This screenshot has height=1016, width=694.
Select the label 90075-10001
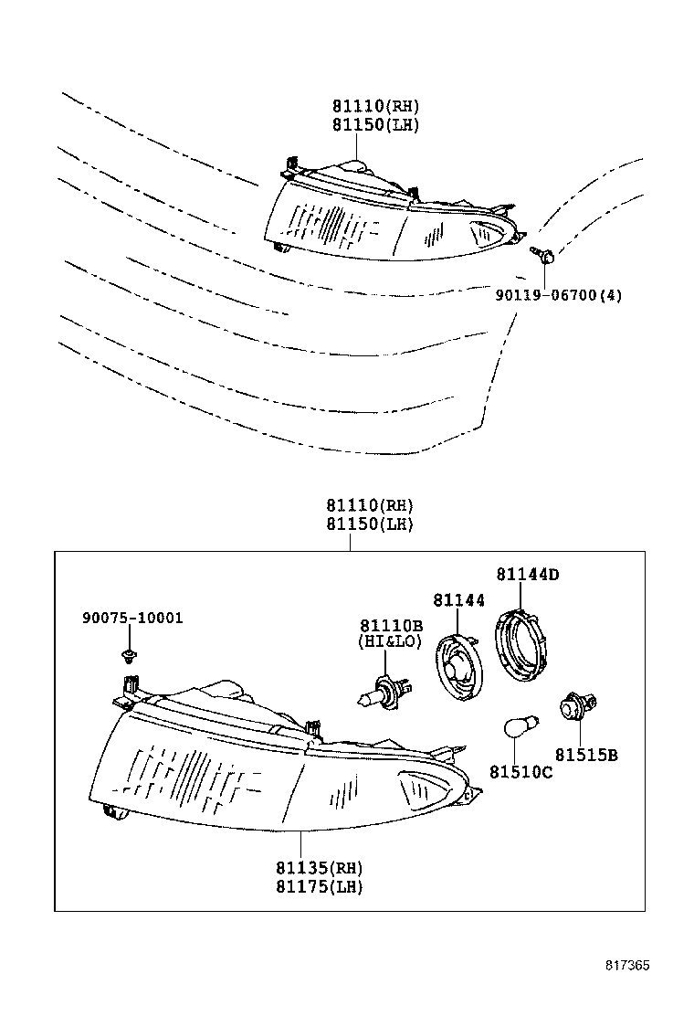tap(131, 618)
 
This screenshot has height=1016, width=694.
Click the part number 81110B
tap(391, 625)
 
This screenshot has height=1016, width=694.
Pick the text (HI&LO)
tap(391, 642)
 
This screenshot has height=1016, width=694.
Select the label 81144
tap(458, 599)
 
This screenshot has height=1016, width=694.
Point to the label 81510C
tap(520, 772)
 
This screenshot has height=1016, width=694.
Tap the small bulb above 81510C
tap(522, 727)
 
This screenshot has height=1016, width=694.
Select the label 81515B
tap(586, 755)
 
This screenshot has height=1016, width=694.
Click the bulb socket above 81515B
tap(575, 707)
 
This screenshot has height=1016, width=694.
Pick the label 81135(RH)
tap(319, 867)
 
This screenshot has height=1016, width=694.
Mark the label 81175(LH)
tap(319, 885)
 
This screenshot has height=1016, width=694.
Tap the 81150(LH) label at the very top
tap(374, 124)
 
